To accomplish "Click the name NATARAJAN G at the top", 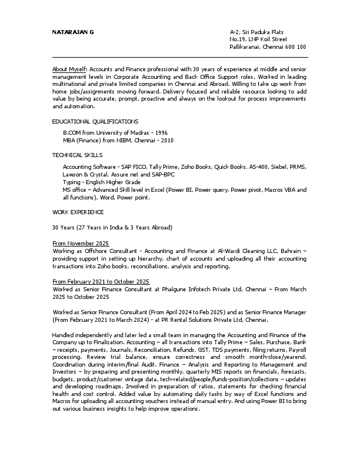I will point(73,31).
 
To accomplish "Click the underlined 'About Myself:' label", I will point(70,69).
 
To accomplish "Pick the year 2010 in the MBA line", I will point(164,141).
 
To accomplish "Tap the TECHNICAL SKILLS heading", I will point(77,155).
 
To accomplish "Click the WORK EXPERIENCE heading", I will point(78,211).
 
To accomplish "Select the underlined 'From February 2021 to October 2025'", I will point(101,281).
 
